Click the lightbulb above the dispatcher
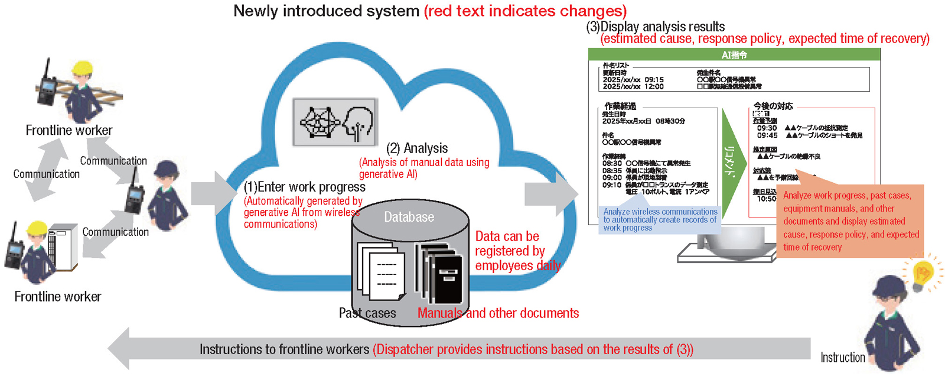922,274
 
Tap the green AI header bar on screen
734,54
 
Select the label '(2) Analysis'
417,148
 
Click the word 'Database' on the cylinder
409,217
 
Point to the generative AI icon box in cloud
335,122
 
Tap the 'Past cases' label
367,313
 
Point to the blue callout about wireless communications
660,219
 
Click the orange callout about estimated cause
850,221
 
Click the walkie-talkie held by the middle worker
135,193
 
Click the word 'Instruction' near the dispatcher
842,357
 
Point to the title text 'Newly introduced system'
326,11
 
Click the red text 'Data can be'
507,236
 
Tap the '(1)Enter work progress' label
305,187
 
